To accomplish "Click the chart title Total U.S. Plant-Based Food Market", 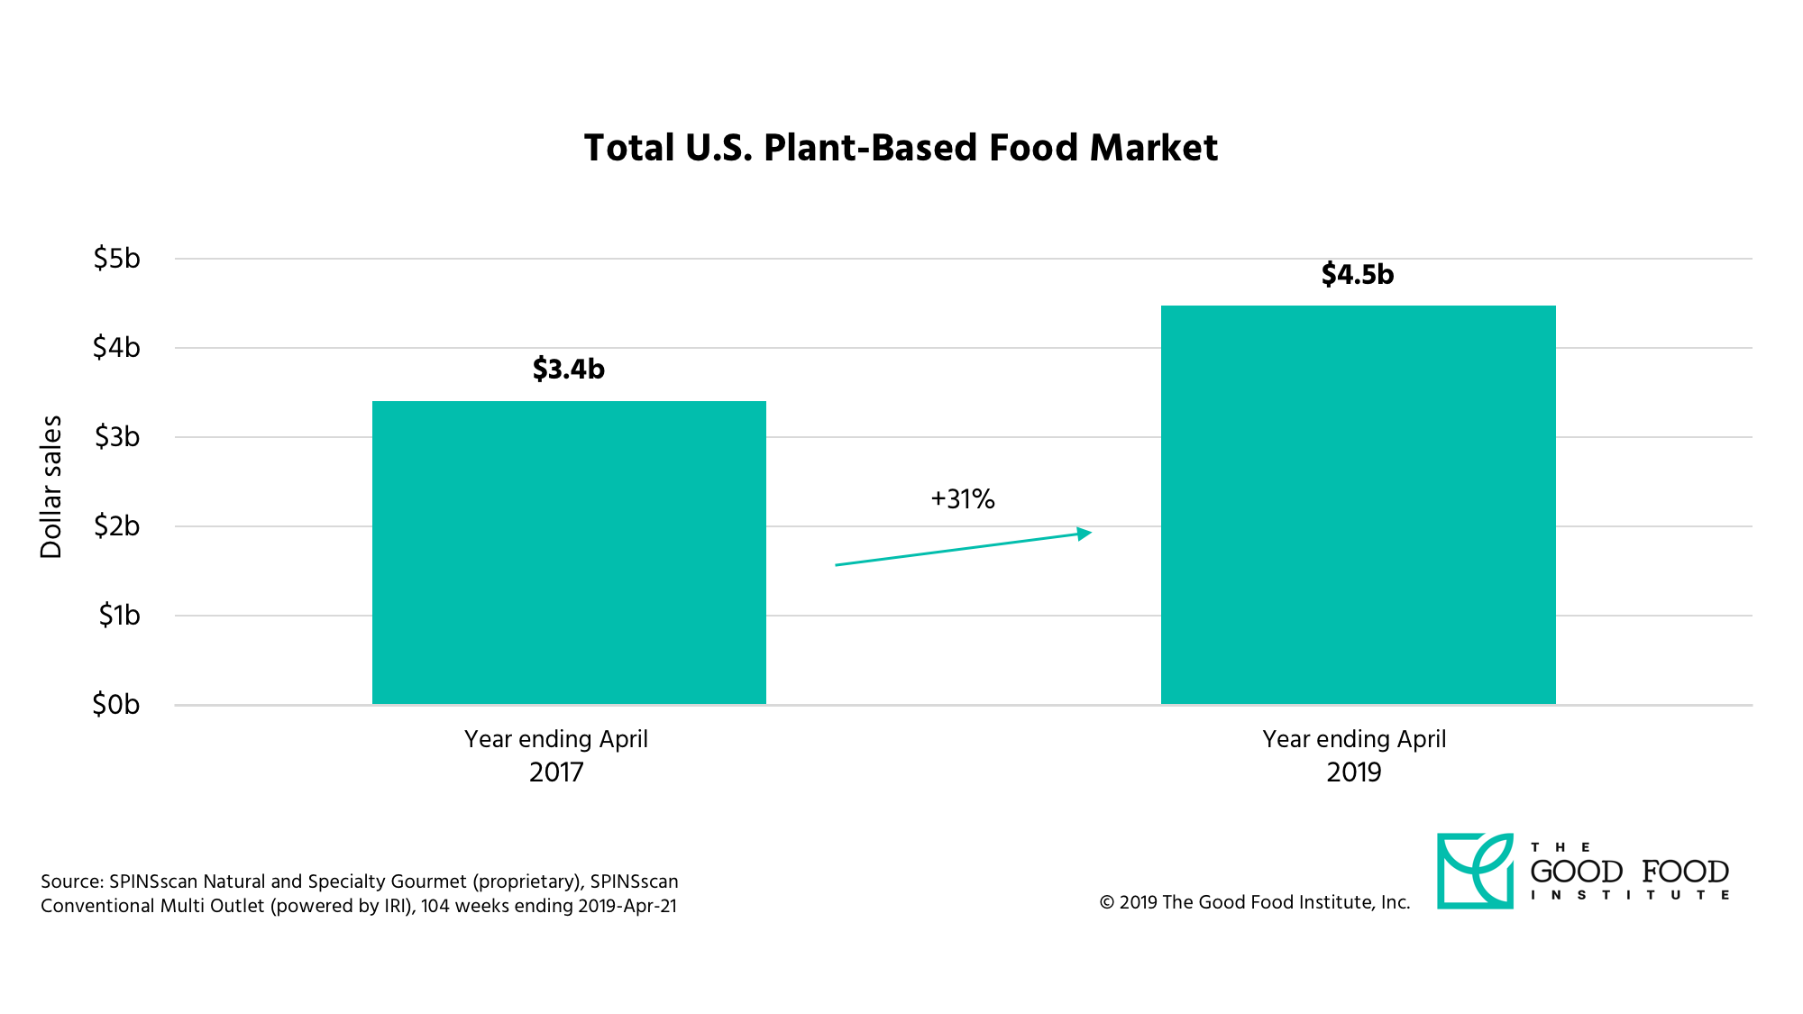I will [x=901, y=149].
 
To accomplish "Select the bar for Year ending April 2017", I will [x=569, y=553].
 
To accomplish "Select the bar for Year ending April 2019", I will [x=1358, y=505].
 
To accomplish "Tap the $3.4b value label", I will [x=568, y=369].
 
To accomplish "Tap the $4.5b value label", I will [x=1357, y=274].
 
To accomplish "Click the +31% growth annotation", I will [x=963, y=499].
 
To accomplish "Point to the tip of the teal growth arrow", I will [x=1090, y=533].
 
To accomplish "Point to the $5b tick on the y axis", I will [x=117, y=259].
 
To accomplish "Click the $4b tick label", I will [x=117, y=347].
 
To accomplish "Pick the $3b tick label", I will [x=117, y=437].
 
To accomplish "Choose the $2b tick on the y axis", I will [x=117, y=525].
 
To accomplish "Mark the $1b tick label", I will [x=119, y=616].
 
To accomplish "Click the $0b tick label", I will [x=116, y=704].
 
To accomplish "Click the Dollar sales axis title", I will [x=51, y=487].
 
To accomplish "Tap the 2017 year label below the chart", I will [x=556, y=772].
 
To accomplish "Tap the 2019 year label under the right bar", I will [x=1353, y=772].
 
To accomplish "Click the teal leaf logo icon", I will [x=1475, y=871].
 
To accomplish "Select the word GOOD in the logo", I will [x=1577, y=872].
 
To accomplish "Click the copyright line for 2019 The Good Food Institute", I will [x=1254, y=902].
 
